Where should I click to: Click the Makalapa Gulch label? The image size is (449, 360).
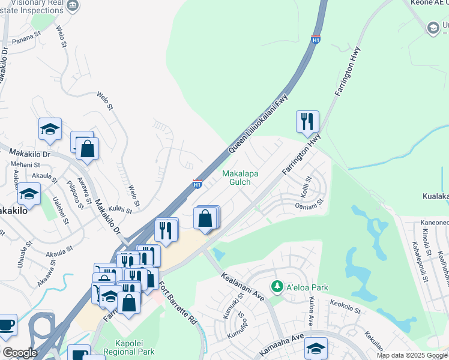click(240, 178)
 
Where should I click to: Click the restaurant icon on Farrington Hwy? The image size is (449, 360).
click(307, 121)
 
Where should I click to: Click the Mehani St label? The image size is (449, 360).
click(25, 164)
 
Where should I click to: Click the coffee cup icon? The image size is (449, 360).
click(6, 325)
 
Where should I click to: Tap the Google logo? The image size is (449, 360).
click(19, 353)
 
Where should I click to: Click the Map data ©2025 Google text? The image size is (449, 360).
click(412, 355)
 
